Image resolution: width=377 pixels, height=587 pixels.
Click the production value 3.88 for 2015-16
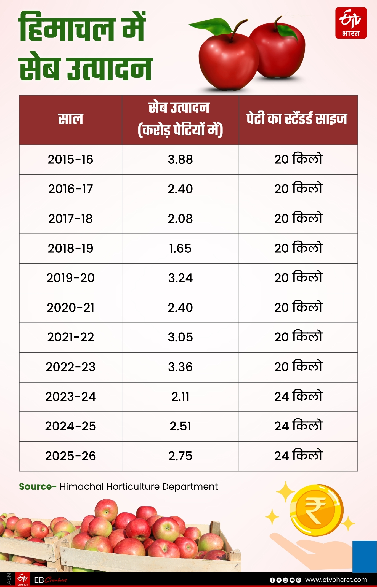(x=180, y=160)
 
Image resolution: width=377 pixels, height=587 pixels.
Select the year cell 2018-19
(x=70, y=248)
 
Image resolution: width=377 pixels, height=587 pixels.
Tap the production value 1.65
(x=180, y=248)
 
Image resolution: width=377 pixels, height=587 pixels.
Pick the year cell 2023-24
(x=70, y=397)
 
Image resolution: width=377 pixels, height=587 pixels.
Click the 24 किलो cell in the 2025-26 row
(x=298, y=456)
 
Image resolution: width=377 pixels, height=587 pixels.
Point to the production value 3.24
(x=180, y=278)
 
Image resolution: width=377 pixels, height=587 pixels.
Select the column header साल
(x=70, y=119)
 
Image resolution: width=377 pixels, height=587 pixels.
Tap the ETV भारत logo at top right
(x=351, y=23)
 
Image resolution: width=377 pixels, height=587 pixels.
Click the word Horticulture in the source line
(x=133, y=487)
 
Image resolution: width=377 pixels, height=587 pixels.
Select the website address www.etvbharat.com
(x=336, y=580)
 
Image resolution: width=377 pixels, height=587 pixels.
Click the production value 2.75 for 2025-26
(x=180, y=456)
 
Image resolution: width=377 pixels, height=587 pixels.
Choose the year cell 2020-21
(x=70, y=308)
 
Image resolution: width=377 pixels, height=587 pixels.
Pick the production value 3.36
(x=180, y=367)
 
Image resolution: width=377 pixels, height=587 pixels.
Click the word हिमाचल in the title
(x=66, y=28)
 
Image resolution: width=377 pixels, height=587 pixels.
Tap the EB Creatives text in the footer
(x=51, y=580)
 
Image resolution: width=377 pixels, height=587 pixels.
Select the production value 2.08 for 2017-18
(x=180, y=219)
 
